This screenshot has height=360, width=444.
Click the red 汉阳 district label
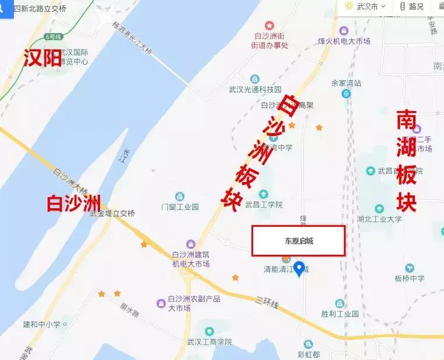click(42, 58)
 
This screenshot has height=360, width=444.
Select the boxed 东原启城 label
click(299, 241)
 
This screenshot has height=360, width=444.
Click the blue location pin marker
click(300, 269)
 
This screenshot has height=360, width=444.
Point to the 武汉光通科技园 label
click(255, 90)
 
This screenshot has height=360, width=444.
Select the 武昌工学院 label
click(264, 205)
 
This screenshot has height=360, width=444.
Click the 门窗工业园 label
click(180, 206)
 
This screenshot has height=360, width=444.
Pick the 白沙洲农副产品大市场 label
click(186, 303)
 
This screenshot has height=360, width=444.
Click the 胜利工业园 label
click(340, 314)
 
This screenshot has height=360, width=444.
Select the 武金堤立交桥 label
click(112, 213)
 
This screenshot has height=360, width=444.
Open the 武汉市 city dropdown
click(367, 6)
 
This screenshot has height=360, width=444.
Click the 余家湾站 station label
click(346, 83)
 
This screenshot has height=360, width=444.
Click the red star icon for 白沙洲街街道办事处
click(269, 26)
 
